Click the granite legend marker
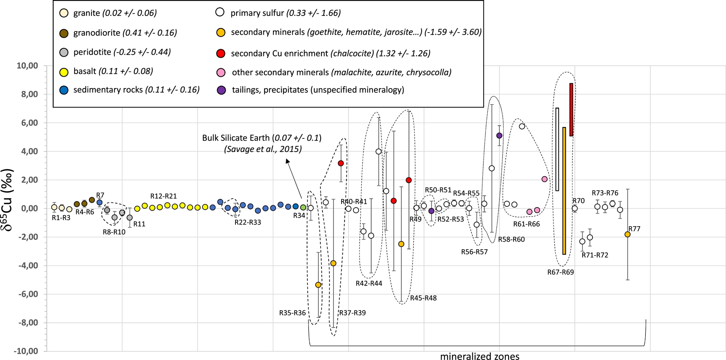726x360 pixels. [64, 13]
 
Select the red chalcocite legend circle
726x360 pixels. [221, 53]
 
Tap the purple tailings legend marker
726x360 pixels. [221, 90]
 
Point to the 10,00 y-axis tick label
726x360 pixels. [27, 66]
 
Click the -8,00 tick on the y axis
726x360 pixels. [28, 323]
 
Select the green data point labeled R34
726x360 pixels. [303, 207]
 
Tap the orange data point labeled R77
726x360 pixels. [627, 234]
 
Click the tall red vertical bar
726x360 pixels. [571, 110]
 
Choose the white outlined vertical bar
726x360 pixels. [557, 149]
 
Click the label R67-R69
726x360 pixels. [560, 272]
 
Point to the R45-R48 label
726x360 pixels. [423, 298]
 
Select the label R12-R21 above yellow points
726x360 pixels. [163, 196]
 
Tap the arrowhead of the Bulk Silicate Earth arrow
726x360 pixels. [287, 161]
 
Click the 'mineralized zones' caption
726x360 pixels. [479, 356]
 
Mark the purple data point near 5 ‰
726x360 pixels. [499, 135]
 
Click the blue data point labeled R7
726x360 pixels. [99, 203]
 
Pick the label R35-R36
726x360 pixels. [292, 313]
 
